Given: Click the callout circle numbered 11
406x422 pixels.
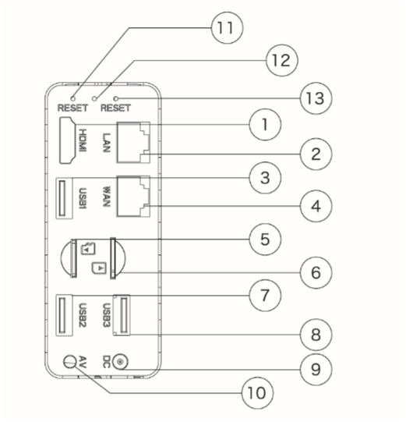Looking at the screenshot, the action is [227, 28].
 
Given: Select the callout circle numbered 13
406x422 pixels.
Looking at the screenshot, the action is [316, 98].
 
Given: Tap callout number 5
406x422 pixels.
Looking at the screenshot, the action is [265, 239].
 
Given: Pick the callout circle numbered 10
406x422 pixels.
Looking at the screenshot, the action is [257, 393].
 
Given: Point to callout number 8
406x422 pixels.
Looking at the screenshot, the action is [316, 335].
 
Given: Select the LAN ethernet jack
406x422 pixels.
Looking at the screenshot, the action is [133, 143].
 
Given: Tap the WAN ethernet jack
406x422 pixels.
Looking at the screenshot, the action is [133, 197].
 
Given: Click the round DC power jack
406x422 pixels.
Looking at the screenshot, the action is [120, 362].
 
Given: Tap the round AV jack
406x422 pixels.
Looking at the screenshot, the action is [70, 361].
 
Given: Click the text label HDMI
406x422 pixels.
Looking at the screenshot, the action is [83, 140].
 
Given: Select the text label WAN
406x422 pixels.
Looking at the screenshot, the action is [107, 197].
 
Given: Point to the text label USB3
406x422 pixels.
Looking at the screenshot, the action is [107, 315].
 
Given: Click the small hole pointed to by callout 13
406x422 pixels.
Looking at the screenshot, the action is [116, 98].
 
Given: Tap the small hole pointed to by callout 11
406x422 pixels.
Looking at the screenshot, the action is [72, 98].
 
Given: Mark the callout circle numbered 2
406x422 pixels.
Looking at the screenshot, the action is [316, 154].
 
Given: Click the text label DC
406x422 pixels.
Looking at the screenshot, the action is [107, 362].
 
